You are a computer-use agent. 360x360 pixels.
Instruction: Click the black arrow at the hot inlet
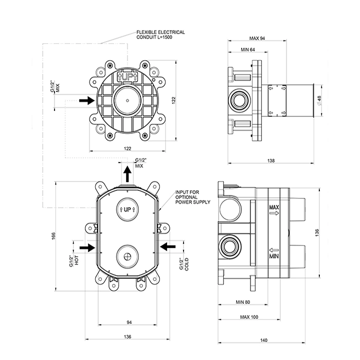click(87, 247)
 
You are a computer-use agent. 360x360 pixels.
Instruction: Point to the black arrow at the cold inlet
click(168, 247)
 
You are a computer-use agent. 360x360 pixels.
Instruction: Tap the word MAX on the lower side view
click(274, 209)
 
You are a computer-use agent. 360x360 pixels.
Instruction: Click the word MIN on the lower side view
click(274, 254)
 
